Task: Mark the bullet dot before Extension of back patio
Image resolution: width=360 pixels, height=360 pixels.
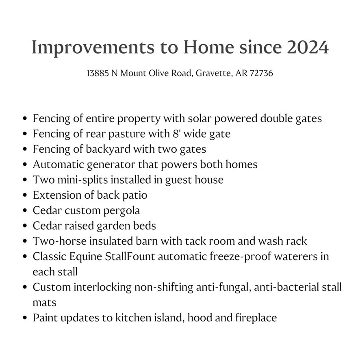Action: point(25,195)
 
